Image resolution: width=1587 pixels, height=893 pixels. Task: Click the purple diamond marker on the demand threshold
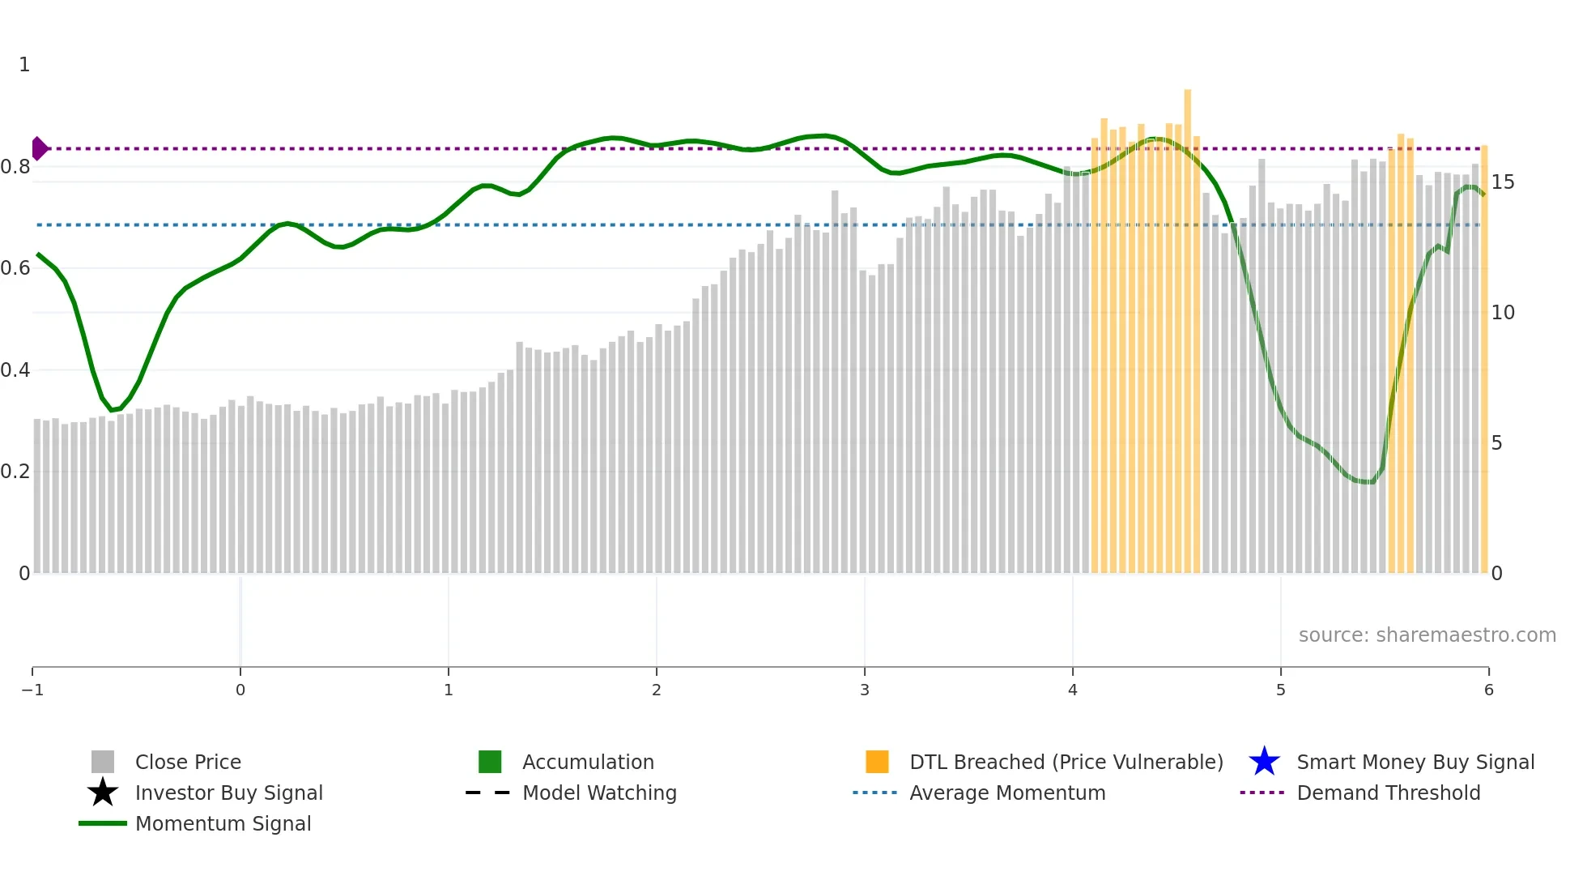pyautogui.click(x=39, y=149)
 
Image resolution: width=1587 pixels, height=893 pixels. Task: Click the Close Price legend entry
pyautogui.click(x=187, y=763)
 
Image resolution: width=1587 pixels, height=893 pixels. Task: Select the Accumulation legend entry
pyautogui.click(x=587, y=763)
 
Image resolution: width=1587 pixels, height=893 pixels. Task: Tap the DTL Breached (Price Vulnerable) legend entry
pyautogui.click(x=1066, y=763)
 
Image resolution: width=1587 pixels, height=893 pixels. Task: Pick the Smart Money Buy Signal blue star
pyautogui.click(x=1264, y=763)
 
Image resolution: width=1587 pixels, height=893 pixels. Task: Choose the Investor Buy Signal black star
pyautogui.click(x=103, y=793)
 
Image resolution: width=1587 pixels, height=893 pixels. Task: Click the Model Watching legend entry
pyautogui.click(x=598, y=793)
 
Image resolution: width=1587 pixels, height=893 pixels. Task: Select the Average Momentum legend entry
pyautogui.click(x=1006, y=793)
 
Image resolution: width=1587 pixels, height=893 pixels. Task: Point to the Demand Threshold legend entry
pyautogui.click(x=1388, y=793)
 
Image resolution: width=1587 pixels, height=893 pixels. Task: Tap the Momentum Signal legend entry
pyautogui.click(x=223, y=824)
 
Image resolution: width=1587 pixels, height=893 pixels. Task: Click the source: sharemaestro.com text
pyautogui.click(x=1427, y=635)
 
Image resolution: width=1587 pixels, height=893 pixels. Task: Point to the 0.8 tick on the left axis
pyautogui.click(x=15, y=167)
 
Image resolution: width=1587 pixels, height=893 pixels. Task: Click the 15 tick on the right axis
pyautogui.click(x=1503, y=182)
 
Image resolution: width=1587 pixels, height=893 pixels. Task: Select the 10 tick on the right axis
pyautogui.click(x=1503, y=313)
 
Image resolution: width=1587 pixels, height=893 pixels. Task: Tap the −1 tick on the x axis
pyautogui.click(x=32, y=690)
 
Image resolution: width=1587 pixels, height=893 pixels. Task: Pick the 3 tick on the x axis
pyautogui.click(x=865, y=690)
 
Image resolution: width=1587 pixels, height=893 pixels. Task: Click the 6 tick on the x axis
pyautogui.click(x=1488, y=690)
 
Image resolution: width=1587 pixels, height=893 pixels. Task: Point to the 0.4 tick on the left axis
pyautogui.click(x=15, y=370)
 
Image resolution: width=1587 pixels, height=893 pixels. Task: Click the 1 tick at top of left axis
pyautogui.click(x=24, y=65)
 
